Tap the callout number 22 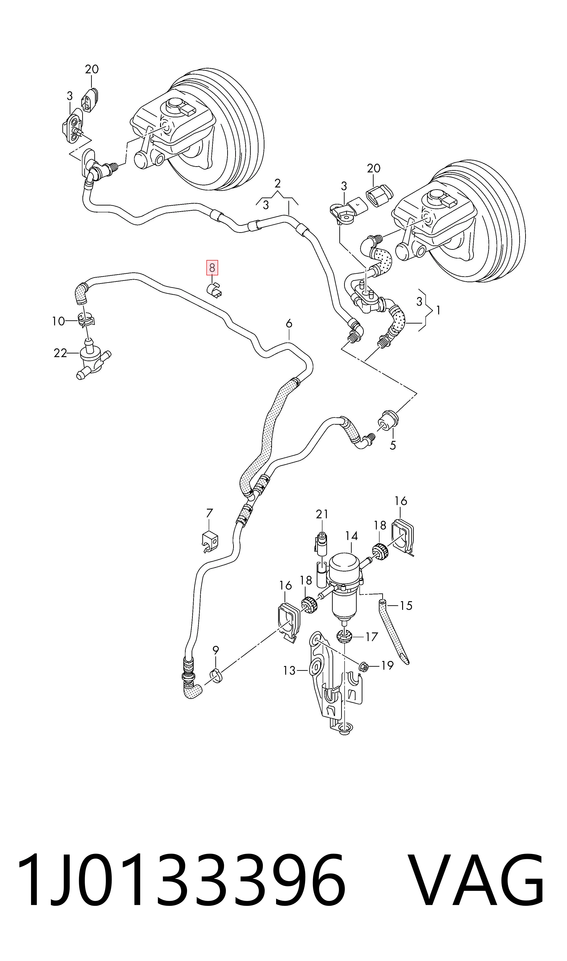60,353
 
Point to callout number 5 393,445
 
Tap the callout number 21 322,514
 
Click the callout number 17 371,637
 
